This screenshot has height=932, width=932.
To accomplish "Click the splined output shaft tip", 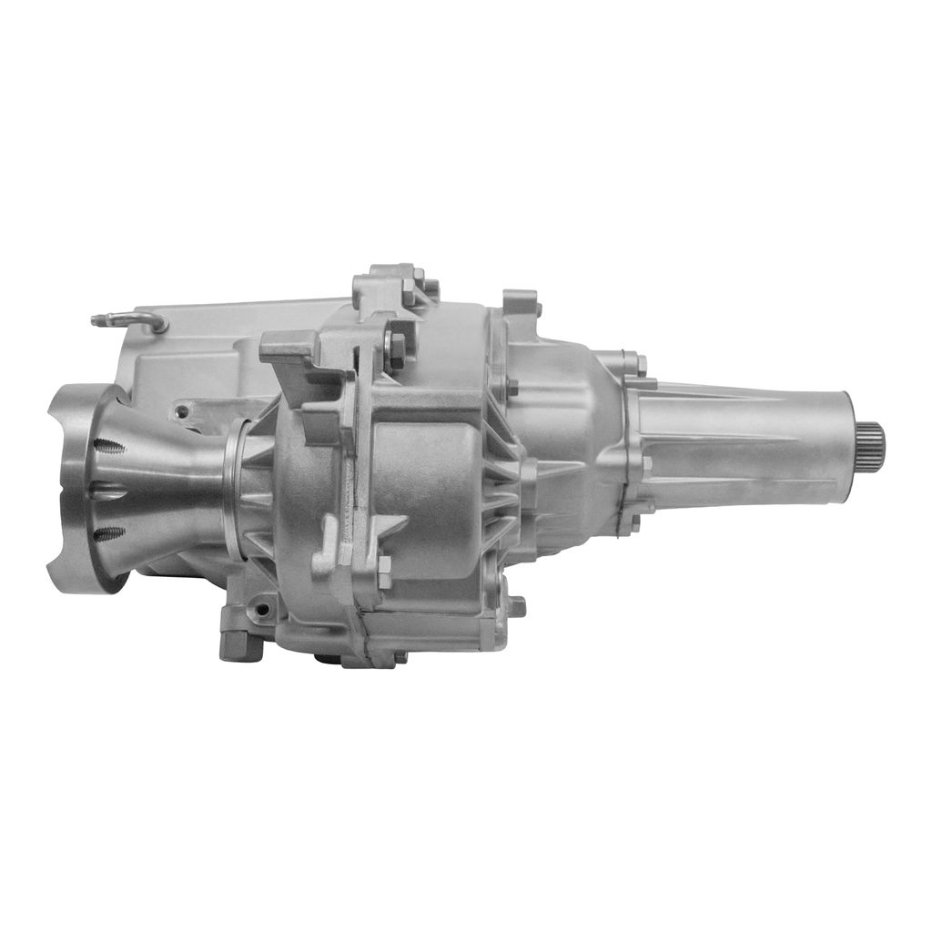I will click(870, 442).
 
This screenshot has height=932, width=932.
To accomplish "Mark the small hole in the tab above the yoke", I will click(182, 412).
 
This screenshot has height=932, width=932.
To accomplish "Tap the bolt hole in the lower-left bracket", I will click(265, 604).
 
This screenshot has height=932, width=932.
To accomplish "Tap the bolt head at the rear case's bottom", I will click(516, 605).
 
